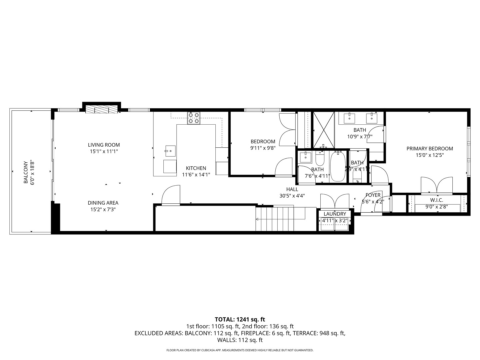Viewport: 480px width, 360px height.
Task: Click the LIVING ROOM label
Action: (104, 145)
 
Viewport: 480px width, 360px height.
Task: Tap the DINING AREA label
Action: (103, 203)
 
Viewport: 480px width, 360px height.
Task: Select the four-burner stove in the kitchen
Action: (194, 118)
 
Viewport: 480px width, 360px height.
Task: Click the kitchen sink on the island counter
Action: (170, 151)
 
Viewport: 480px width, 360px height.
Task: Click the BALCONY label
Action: (26, 172)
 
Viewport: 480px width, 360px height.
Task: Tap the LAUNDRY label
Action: (335, 214)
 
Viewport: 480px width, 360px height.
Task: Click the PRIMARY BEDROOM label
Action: (430, 149)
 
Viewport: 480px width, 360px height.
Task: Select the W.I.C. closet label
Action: (436, 200)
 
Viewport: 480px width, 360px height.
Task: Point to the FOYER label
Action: (373, 195)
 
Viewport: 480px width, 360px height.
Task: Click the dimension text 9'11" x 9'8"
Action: (263, 148)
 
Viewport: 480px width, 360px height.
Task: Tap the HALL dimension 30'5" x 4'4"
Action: (292, 196)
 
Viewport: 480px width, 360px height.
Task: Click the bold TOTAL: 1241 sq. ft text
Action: (240, 319)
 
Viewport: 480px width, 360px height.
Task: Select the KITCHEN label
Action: (196, 168)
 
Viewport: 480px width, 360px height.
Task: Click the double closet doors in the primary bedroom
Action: (436, 186)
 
